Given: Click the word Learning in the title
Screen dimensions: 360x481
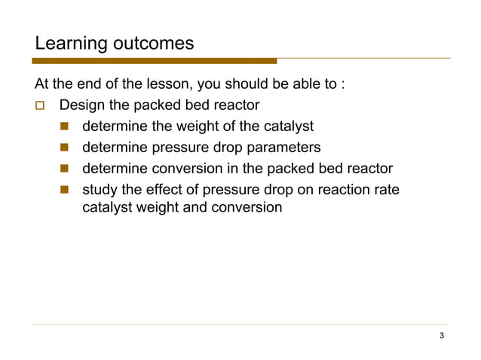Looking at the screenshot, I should [x=63, y=44].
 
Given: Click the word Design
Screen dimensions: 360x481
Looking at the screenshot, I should [x=82, y=105].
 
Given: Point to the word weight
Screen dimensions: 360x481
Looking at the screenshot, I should [x=195, y=126].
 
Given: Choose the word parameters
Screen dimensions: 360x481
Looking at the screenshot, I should [x=283, y=147].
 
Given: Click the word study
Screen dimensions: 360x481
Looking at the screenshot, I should [x=100, y=189].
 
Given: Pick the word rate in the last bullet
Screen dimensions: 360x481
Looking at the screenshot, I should [x=385, y=189].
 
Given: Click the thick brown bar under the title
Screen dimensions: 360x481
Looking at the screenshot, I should [x=155, y=61].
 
